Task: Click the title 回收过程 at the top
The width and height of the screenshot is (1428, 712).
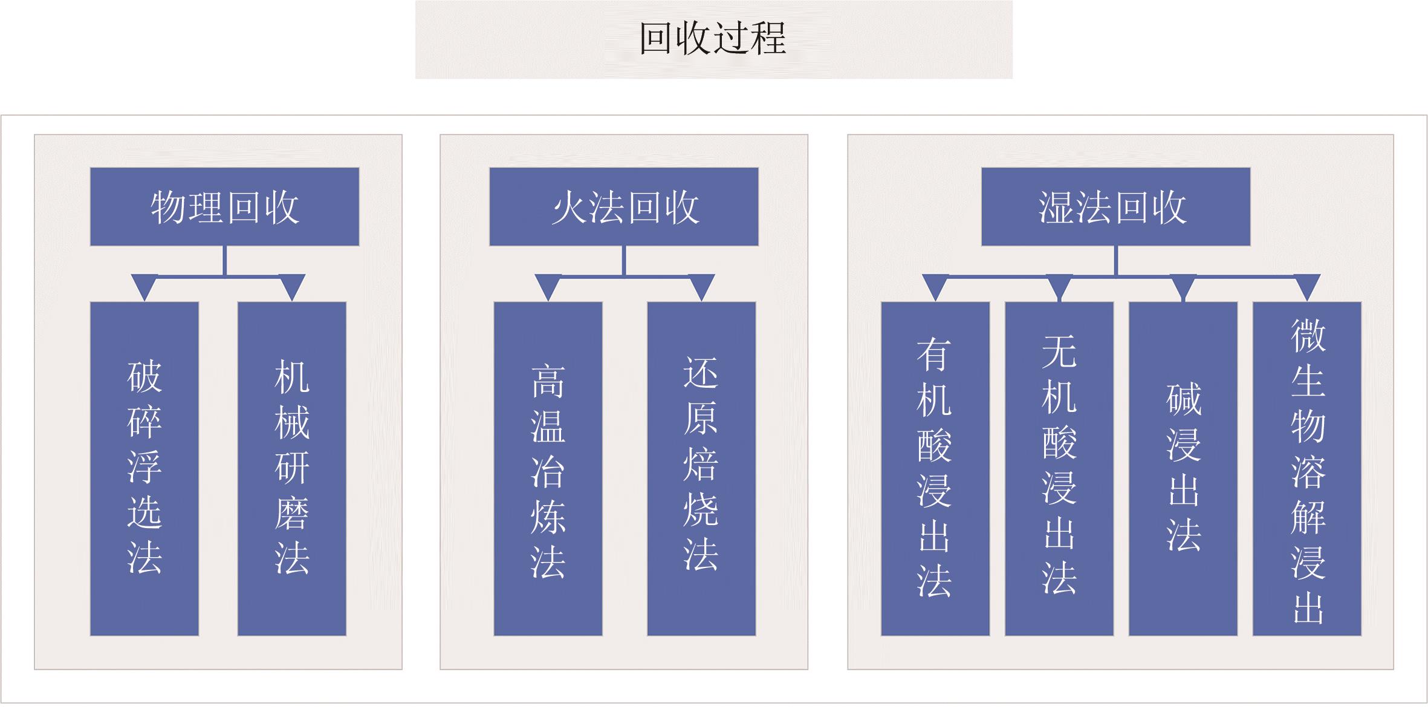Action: coord(713,39)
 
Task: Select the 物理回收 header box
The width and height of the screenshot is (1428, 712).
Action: coord(224,207)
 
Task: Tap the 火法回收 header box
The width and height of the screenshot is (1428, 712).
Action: coord(623,207)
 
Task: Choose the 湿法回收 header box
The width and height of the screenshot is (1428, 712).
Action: coord(1115,207)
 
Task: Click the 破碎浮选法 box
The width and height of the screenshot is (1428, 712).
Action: coord(144,468)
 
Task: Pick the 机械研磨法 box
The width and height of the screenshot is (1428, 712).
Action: coord(291,468)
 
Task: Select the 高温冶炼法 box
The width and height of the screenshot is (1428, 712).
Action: coord(548,468)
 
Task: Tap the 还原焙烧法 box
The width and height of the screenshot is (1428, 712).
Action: coord(701,468)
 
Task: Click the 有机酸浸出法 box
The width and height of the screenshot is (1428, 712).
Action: coord(935,468)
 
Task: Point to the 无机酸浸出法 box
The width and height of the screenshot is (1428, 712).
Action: coord(1059,468)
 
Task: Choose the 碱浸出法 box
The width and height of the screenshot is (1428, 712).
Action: coord(1183,468)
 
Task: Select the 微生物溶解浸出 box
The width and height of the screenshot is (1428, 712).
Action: coord(1307,468)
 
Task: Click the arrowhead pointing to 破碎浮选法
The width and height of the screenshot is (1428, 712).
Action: coord(144,286)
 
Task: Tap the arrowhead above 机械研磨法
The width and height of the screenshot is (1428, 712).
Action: coord(291,286)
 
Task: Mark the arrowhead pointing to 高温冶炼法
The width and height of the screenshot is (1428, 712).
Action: coord(548,286)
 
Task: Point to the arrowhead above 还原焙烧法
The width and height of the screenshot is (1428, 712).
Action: coord(701,286)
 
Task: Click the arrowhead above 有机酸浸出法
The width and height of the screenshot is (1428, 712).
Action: coord(935,286)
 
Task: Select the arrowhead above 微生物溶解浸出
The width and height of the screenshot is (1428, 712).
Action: coord(1307,286)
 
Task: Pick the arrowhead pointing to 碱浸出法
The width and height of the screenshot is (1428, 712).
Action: coord(1183,286)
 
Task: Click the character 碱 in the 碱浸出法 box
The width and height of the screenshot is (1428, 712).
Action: coord(1183,400)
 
